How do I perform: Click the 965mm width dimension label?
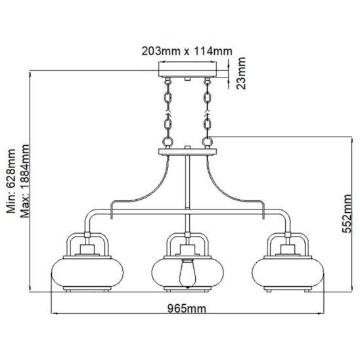[187, 308]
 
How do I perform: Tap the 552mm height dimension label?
[346, 214]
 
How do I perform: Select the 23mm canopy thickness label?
[241, 73]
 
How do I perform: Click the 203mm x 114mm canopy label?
[187, 51]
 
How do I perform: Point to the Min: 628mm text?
[11, 181]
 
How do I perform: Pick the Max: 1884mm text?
[25, 181]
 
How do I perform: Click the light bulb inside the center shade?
[188, 273]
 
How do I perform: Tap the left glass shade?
[87, 272]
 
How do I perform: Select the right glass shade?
[288, 272]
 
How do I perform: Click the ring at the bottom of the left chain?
[168, 141]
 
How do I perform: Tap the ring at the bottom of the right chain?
[207, 141]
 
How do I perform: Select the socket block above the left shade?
[87, 250]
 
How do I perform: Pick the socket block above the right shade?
[288, 250]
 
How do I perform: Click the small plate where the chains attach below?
[188, 152]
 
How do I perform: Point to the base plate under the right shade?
[288, 288]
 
